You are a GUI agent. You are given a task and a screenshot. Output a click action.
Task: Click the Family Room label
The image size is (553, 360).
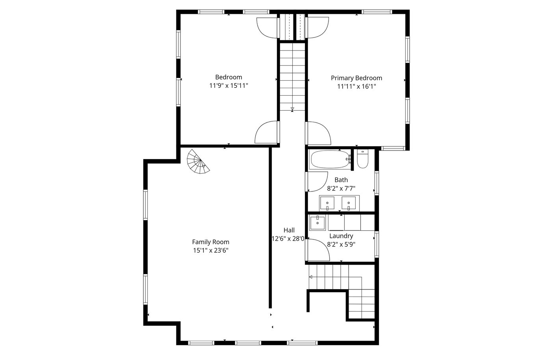pos(211,242)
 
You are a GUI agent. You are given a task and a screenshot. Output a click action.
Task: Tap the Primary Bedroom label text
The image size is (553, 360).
pos(356,78)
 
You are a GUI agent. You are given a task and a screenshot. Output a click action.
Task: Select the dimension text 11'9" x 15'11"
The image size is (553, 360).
pos(228,86)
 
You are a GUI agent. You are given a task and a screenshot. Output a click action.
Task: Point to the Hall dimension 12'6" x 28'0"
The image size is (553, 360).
pos(288,239)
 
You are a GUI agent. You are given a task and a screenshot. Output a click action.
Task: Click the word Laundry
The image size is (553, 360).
pos(341,236)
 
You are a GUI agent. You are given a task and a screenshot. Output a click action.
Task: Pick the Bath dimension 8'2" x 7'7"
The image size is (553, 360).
pos(341,189)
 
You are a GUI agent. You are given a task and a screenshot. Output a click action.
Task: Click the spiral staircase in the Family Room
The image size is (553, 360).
pos(198,161)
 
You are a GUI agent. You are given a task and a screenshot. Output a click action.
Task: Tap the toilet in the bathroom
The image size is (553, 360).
pos(363,158)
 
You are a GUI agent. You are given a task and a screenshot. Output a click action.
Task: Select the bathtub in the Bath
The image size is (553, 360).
pos(330,160)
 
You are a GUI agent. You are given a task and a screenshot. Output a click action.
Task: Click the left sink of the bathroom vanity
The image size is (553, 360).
pos(327,203)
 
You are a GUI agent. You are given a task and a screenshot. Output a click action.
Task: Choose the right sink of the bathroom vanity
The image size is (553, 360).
pos(349,203)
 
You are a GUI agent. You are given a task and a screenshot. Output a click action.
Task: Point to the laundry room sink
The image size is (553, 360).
pos(317,223)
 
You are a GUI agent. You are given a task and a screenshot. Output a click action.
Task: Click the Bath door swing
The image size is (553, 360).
pos(317,182)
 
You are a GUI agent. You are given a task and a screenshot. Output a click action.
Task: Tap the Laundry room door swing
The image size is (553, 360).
pos(317,250)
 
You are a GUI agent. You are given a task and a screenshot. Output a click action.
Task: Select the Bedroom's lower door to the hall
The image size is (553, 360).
pos(267,132)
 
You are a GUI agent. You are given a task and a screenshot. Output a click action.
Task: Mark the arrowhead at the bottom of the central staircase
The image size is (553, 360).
pos(292,109)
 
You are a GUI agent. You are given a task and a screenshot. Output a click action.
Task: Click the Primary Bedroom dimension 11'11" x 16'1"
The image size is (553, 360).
pos(356,87)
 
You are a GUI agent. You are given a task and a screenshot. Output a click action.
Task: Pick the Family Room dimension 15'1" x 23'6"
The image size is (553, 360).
pos(211,251)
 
